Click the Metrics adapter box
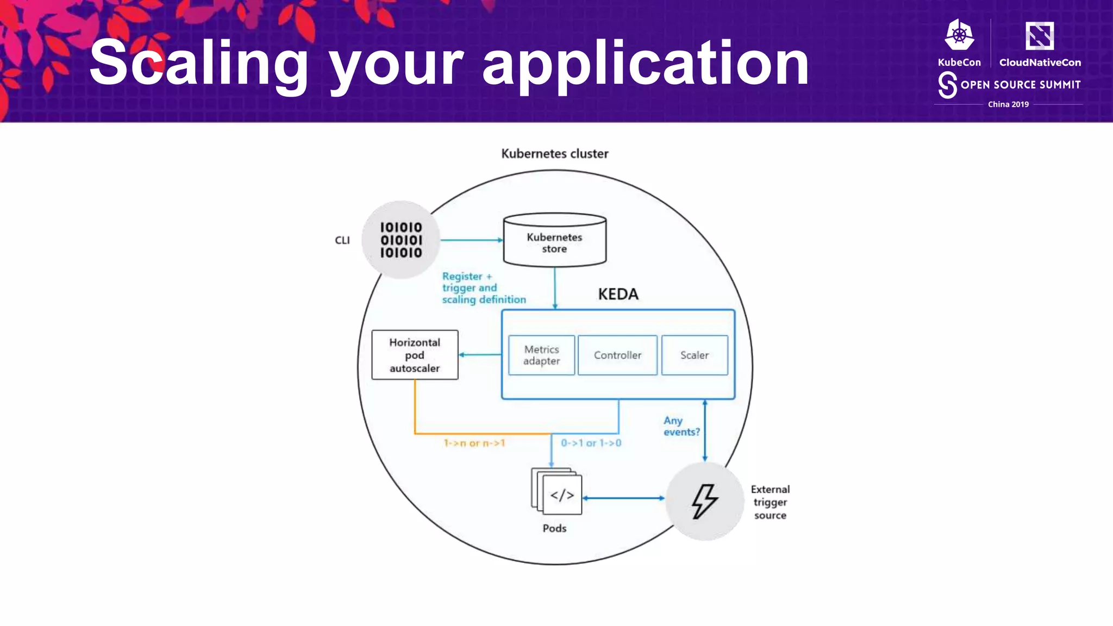pyautogui.click(x=541, y=355)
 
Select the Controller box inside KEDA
pyautogui.click(x=617, y=355)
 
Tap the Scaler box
pyautogui.click(x=695, y=355)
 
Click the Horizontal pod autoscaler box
pyautogui.click(x=415, y=355)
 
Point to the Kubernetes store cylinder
pyautogui.click(x=554, y=242)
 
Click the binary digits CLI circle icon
pyautogui.click(x=401, y=240)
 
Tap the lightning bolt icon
pyautogui.click(x=705, y=501)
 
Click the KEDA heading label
pyautogui.click(x=618, y=294)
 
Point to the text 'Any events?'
pyautogui.click(x=681, y=426)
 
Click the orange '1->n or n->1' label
pyautogui.click(x=474, y=443)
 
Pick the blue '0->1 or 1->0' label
pyautogui.click(x=591, y=443)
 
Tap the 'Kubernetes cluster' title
pyautogui.click(x=554, y=154)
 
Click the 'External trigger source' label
pyautogui.click(x=770, y=502)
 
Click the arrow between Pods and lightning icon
pyautogui.click(x=623, y=498)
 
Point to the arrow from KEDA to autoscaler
pyautogui.click(x=480, y=355)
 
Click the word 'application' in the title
pyautogui.click(x=646, y=64)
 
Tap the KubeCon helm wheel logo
pyautogui.click(x=959, y=35)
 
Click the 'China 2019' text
pyautogui.click(x=1008, y=104)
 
